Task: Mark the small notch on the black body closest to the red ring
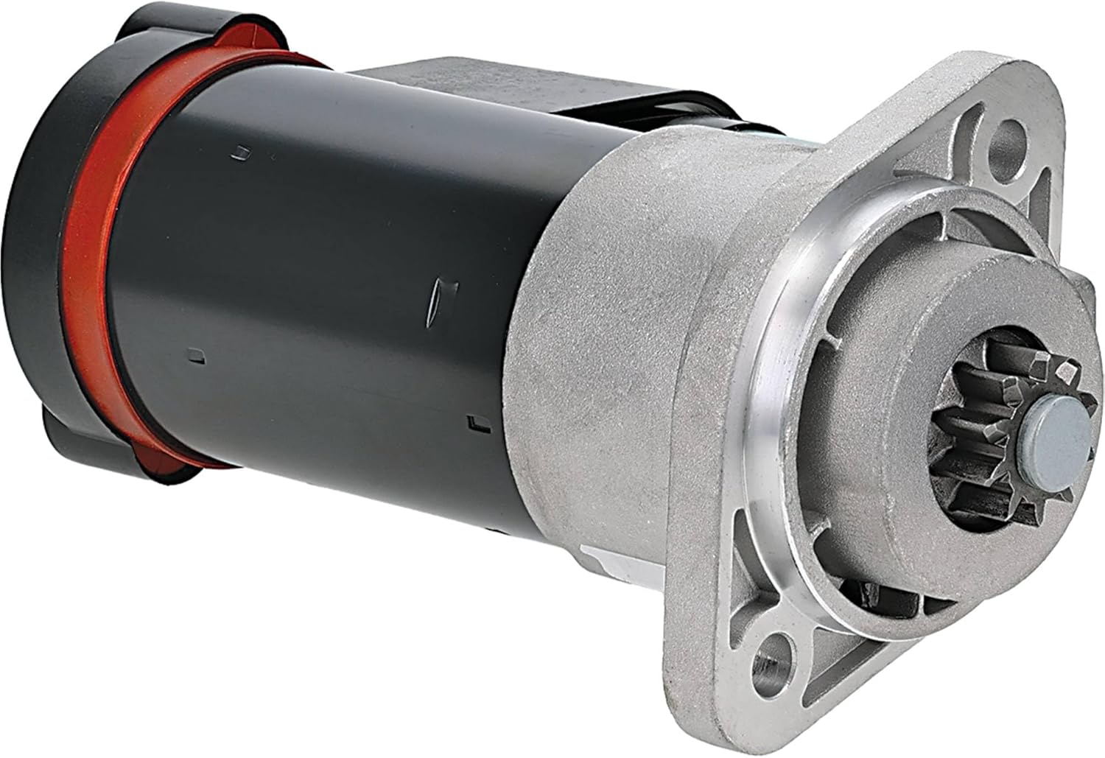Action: point(194,357)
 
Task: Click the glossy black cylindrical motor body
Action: point(331,295)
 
